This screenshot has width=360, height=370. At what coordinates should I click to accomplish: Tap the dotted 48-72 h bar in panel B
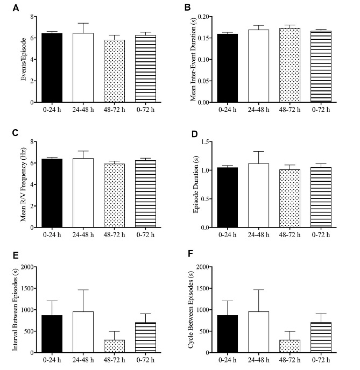pos(290,65)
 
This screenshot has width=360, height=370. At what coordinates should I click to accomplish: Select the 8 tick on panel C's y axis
pos(31,142)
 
